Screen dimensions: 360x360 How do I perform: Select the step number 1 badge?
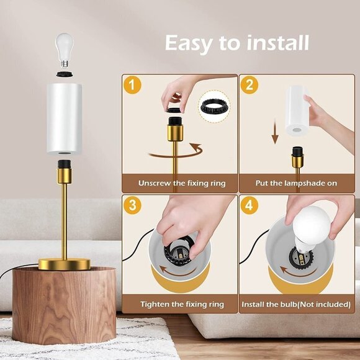point(132,85)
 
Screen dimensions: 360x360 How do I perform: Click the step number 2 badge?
point(249,85)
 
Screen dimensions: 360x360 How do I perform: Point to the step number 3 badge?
point(132,205)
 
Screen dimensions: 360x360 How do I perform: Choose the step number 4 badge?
point(250,205)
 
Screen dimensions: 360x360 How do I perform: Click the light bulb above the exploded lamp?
point(65,50)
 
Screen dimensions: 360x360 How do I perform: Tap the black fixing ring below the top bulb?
point(65,74)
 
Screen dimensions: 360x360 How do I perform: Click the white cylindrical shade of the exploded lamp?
point(65,119)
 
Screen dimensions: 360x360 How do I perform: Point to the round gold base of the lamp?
point(65,264)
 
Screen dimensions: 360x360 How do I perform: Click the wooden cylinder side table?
point(64,305)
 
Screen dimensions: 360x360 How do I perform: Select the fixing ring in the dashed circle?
point(215,107)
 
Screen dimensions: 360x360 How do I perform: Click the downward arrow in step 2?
point(275,131)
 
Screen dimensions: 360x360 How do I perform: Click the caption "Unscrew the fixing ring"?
point(182,183)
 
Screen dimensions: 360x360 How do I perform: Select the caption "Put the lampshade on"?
point(296,183)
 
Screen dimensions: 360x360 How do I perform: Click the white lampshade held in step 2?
point(297,111)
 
